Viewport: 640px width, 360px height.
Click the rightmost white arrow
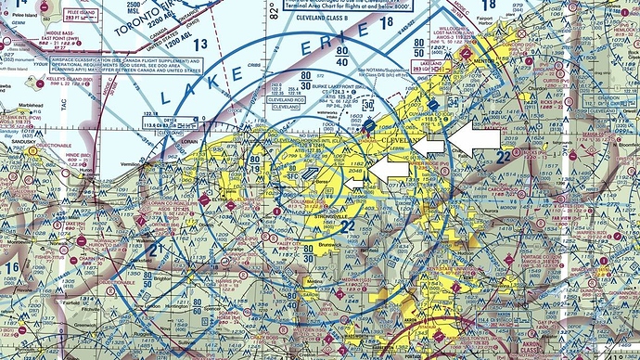[x=478, y=137]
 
